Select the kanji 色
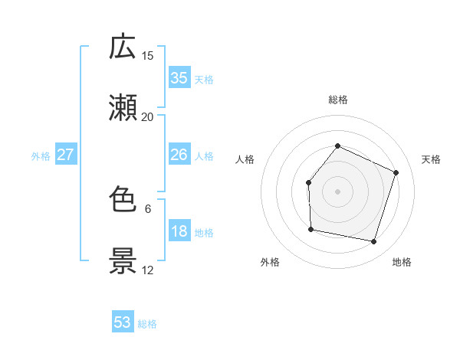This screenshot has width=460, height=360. (x=123, y=200)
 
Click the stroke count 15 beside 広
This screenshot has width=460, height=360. (x=148, y=55)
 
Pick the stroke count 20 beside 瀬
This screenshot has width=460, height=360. (x=148, y=117)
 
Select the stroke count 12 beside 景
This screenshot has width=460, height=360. (x=148, y=270)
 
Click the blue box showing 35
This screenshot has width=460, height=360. (x=179, y=77)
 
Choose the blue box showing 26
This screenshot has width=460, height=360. (x=179, y=155)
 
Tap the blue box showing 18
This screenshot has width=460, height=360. (x=179, y=231)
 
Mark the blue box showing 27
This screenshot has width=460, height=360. (x=65, y=155)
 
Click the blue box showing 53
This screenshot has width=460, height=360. (x=123, y=322)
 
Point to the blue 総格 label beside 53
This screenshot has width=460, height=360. (x=147, y=324)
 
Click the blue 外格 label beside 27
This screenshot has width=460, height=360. (x=41, y=156)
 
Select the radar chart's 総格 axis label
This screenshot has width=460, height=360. (x=337, y=100)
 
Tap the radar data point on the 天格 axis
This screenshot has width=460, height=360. (x=396, y=172)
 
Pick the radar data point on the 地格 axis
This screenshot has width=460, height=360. (x=373, y=241)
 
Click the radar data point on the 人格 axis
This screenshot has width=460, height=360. (x=308, y=182)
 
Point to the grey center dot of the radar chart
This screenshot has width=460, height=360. (x=337, y=191)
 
